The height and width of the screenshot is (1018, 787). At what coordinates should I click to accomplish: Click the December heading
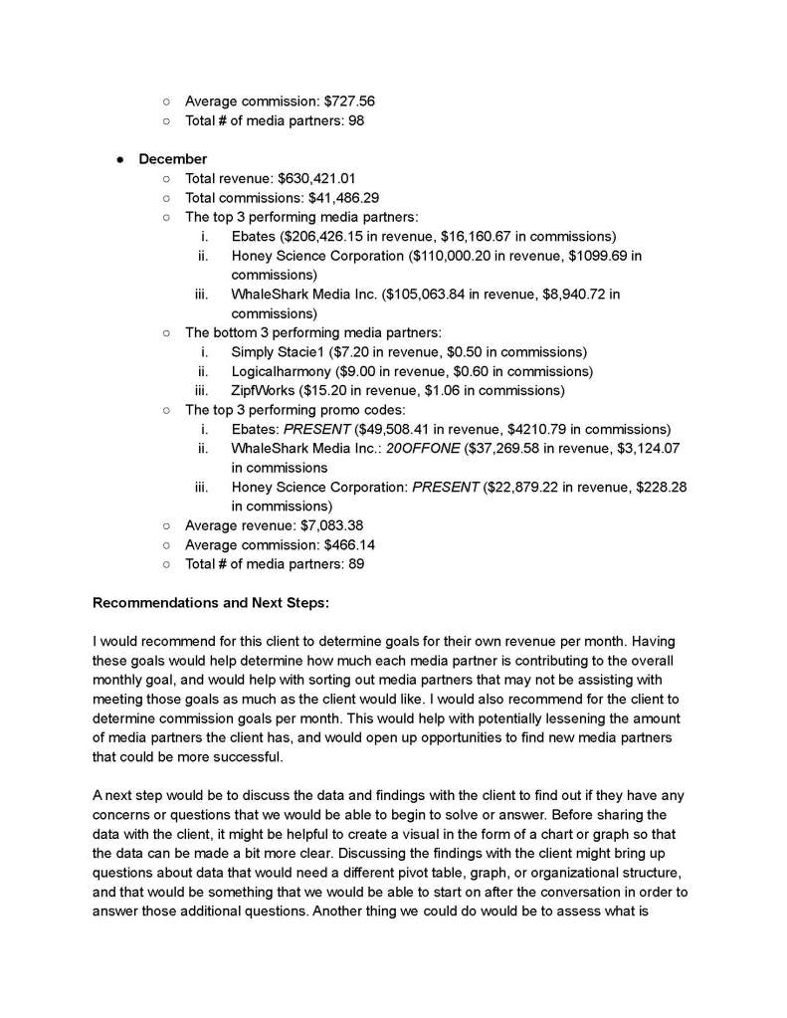click(172, 159)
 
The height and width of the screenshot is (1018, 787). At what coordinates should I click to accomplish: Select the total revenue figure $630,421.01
click(316, 178)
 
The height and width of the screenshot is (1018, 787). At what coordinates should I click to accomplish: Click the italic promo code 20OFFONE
click(422, 449)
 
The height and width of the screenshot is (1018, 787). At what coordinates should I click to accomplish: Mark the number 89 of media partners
click(355, 564)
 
